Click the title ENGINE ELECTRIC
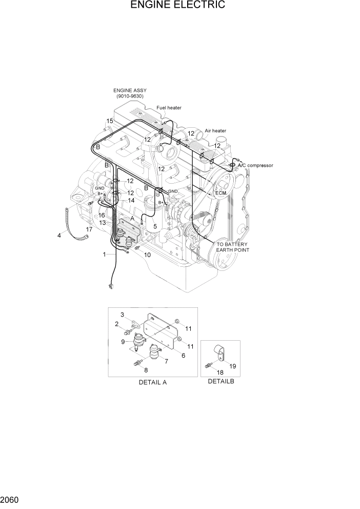[x=178, y=6]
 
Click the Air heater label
[x=215, y=131]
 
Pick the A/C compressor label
[x=255, y=165]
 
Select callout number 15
[x=109, y=121]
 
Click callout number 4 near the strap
[x=59, y=236]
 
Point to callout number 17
[x=89, y=229]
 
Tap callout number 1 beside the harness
[x=105, y=254]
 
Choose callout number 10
[x=147, y=254]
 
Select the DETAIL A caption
[x=152, y=382]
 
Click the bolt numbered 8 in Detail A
[x=138, y=364]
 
